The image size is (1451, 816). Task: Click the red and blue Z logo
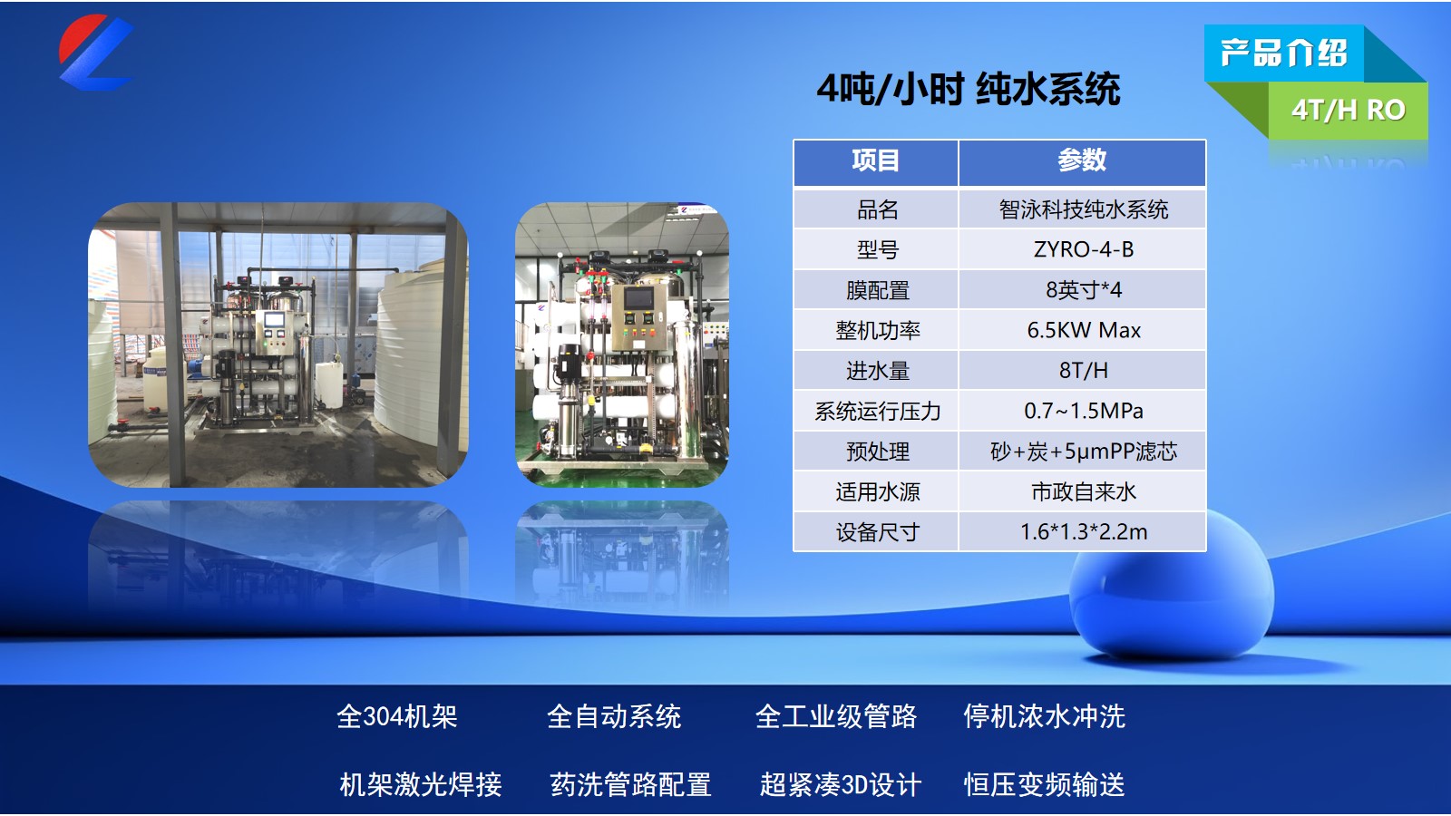click(x=95, y=53)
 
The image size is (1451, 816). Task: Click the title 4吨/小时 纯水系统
click(x=968, y=89)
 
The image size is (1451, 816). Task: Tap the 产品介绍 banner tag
click(x=1283, y=53)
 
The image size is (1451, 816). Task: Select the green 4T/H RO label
click(x=1348, y=110)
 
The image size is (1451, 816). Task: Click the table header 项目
click(x=875, y=160)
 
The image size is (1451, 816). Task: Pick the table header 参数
click(x=1082, y=160)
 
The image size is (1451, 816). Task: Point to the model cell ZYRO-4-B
click(x=1083, y=249)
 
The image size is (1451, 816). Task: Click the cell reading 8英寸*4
click(x=1083, y=290)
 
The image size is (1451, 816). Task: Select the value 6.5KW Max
click(x=1083, y=330)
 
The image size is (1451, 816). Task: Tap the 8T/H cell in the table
click(x=1083, y=371)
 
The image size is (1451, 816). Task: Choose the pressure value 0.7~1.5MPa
click(x=1083, y=411)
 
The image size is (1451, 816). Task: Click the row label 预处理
click(x=877, y=452)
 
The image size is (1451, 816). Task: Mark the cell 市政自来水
click(x=1083, y=491)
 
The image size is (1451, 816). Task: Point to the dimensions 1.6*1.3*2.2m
click(x=1083, y=532)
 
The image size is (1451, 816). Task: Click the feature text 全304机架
click(x=396, y=716)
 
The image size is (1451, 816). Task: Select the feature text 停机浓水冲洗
click(x=1044, y=716)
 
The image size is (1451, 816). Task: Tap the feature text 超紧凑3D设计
click(x=840, y=784)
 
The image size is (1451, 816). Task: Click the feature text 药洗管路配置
click(x=630, y=784)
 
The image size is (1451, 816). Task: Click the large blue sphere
click(x=1171, y=589)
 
